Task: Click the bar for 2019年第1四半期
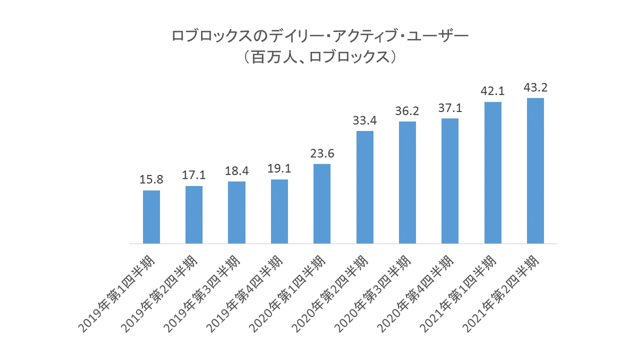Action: [151, 217]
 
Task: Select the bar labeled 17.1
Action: [194, 215]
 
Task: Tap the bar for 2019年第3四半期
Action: [237, 213]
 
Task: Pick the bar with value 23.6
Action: [322, 204]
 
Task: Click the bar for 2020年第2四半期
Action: [365, 187]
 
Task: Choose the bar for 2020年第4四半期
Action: [450, 181]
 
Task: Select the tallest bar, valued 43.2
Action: [535, 171]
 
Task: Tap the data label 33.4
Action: [365, 121]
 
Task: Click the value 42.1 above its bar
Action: [493, 92]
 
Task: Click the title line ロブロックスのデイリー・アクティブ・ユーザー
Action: [319, 36]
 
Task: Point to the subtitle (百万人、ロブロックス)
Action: [319, 57]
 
